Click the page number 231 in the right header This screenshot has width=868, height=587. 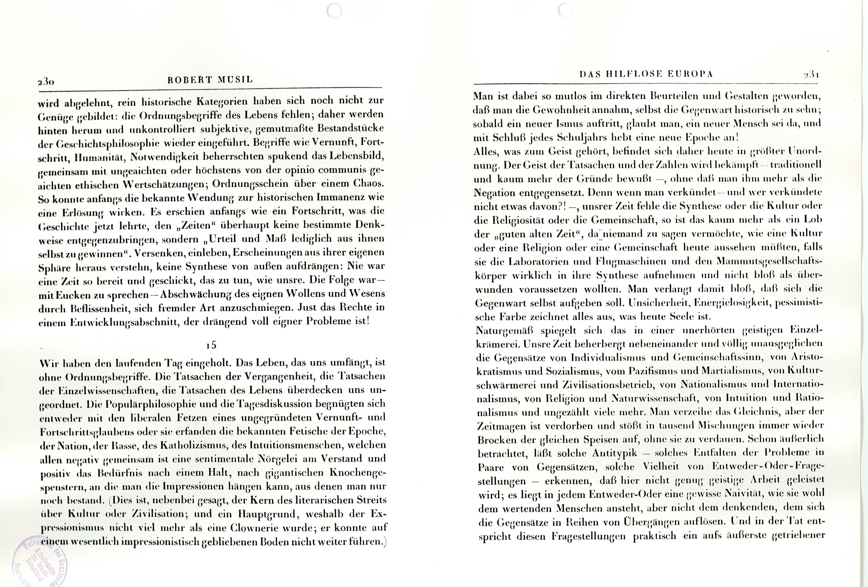(x=811, y=75)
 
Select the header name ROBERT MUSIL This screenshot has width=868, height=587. (x=210, y=80)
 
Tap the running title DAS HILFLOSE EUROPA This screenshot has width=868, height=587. (x=646, y=74)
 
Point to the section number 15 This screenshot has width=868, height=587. (x=212, y=345)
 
